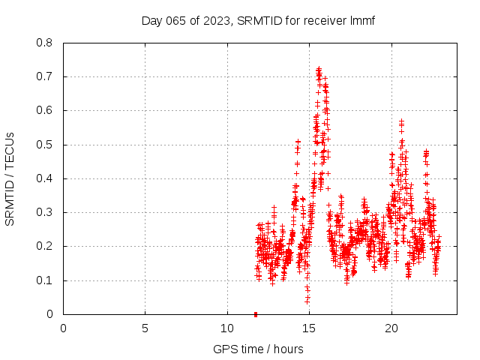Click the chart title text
258,20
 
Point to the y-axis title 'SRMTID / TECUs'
10,178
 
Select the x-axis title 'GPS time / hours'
258,349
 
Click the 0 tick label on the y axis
50,314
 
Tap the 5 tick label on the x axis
145,328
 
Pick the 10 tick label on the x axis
227,328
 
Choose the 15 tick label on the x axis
309,328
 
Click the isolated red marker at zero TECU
256,314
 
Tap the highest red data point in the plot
319,69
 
